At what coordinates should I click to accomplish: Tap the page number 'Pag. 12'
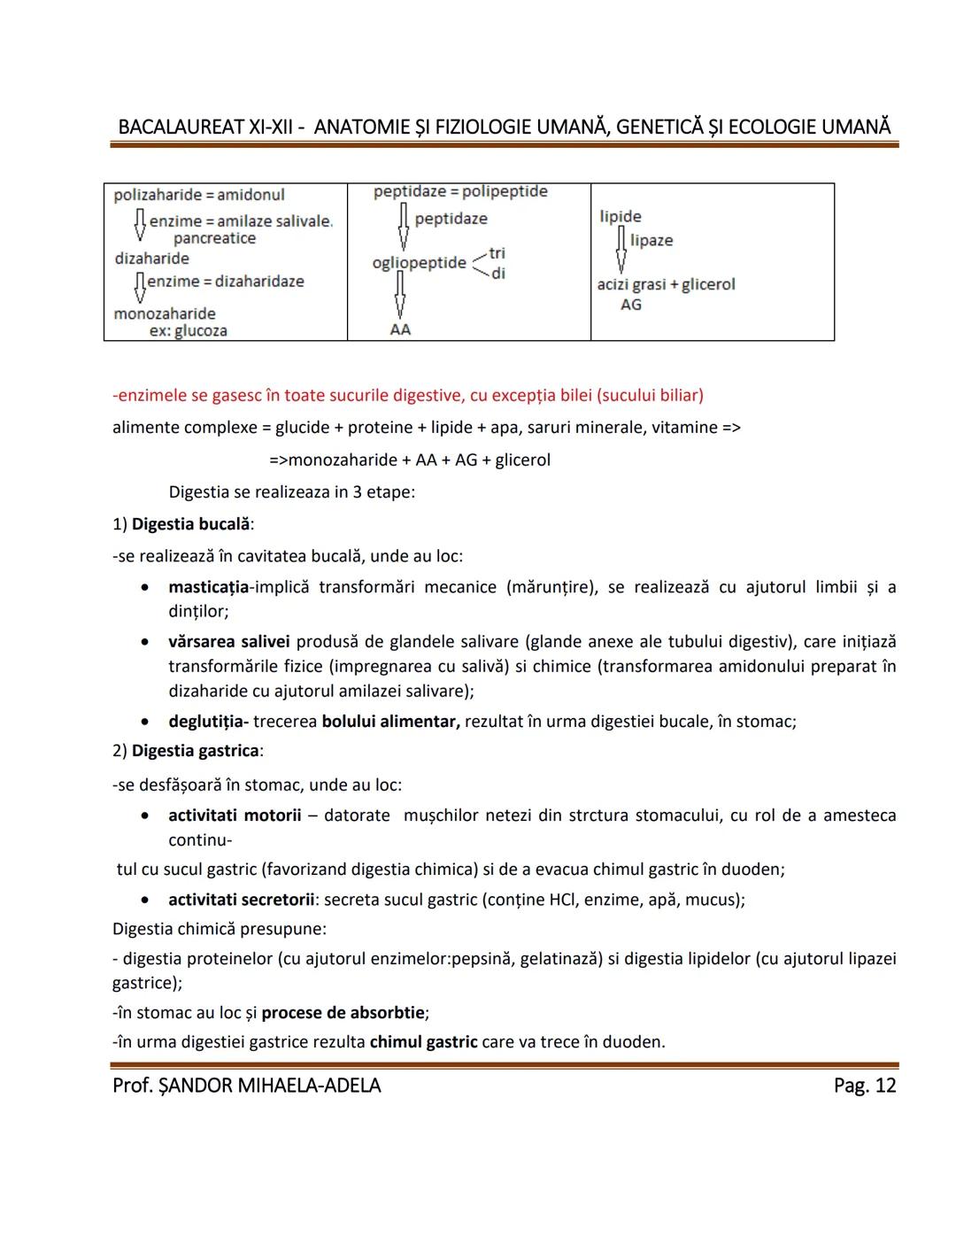pyautogui.click(x=864, y=1086)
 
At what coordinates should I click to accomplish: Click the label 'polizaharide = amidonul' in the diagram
pyautogui.click(x=199, y=195)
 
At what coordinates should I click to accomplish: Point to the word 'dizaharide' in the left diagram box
pyautogui.click(x=151, y=259)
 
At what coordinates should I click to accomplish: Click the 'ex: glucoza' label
pyautogui.click(x=188, y=331)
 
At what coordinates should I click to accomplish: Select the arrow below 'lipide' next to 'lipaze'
pyautogui.click(x=621, y=249)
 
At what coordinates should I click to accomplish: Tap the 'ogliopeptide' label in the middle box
pyautogui.click(x=419, y=263)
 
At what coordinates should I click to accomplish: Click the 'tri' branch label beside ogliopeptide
pyautogui.click(x=497, y=253)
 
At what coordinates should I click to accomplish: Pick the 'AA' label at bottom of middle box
pyautogui.click(x=400, y=329)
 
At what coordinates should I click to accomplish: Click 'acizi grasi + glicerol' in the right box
pyautogui.click(x=666, y=284)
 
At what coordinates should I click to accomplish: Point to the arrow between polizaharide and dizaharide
pyautogui.click(x=139, y=225)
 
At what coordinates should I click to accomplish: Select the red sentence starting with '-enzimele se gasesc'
pyautogui.click(x=408, y=395)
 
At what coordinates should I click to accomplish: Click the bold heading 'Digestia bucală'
pyautogui.click(x=190, y=524)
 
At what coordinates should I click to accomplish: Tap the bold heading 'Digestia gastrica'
pyautogui.click(x=196, y=751)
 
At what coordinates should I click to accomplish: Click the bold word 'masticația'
pyautogui.click(x=208, y=587)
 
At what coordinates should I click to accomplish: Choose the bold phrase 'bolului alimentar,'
pyautogui.click(x=390, y=722)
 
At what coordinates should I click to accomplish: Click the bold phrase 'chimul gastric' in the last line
pyautogui.click(x=423, y=1042)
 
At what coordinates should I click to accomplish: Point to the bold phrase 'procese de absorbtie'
pyautogui.click(x=343, y=1012)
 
